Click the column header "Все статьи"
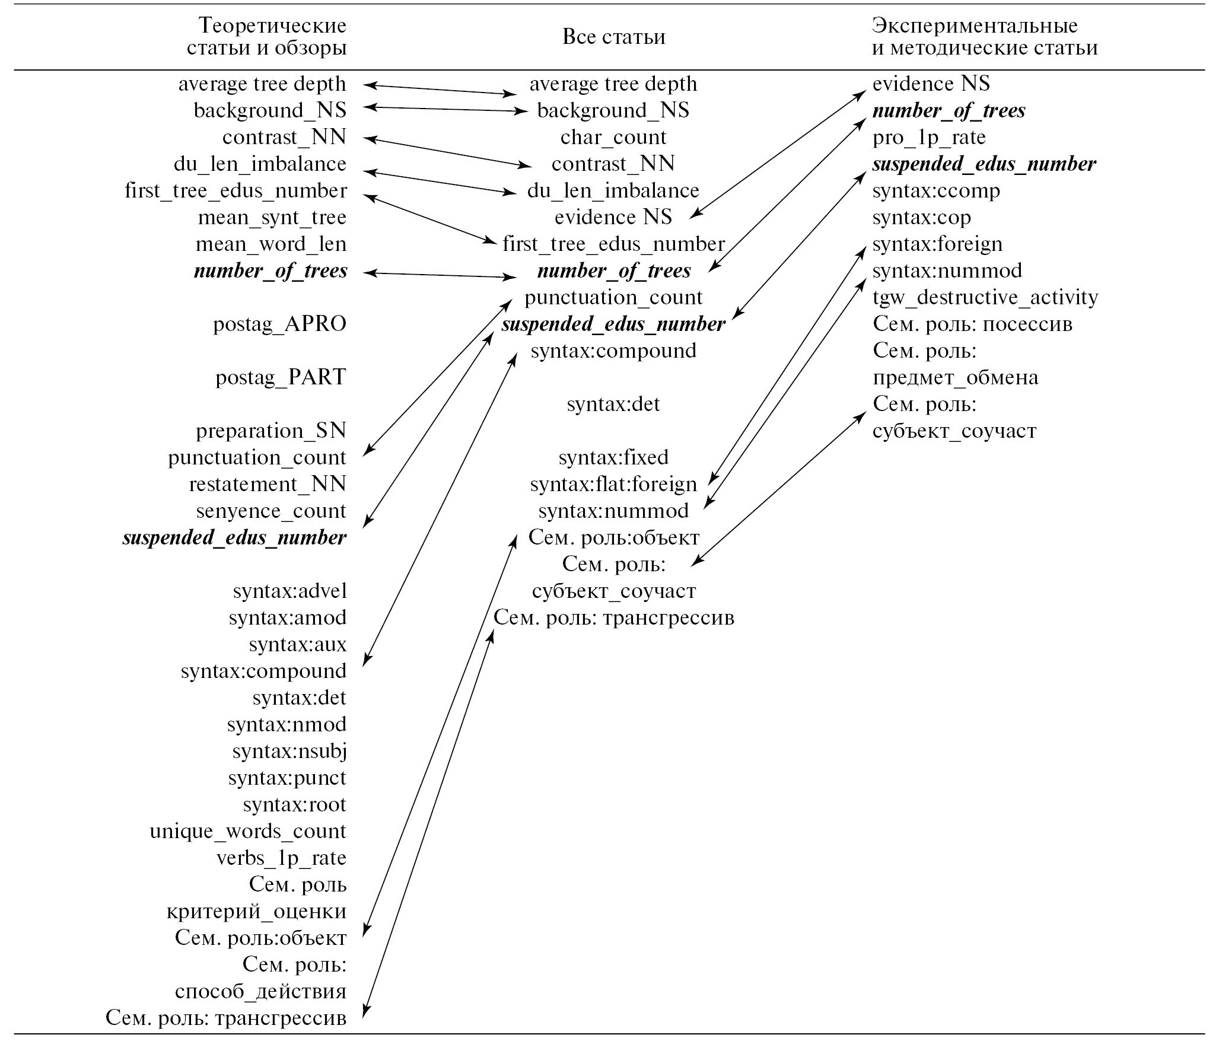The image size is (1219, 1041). (x=613, y=37)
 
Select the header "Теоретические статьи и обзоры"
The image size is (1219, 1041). (x=266, y=37)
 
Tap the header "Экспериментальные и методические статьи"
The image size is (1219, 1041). (x=984, y=37)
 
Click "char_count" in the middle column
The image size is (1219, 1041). (x=613, y=137)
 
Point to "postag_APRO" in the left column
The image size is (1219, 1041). (x=279, y=324)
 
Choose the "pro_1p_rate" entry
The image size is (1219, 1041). (x=928, y=137)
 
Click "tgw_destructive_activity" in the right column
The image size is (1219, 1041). (x=985, y=297)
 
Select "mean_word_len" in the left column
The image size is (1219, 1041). (x=271, y=244)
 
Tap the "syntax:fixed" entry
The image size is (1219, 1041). (x=613, y=457)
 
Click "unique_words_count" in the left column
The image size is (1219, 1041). (x=247, y=831)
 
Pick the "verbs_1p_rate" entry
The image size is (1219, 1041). (x=281, y=858)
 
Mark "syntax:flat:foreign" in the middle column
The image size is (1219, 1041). (x=613, y=484)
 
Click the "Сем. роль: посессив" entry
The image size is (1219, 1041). (x=972, y=324)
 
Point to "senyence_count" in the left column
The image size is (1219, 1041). (x=271, y=511)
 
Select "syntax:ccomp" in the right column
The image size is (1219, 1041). (x=936, y=190)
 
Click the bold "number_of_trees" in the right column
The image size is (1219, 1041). (x=949, y=110)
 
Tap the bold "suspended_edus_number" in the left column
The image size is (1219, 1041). (x=234, y=537)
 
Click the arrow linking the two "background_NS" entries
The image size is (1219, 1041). (x=445, y=109)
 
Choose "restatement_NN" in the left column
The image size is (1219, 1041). (x=268, y=484)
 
